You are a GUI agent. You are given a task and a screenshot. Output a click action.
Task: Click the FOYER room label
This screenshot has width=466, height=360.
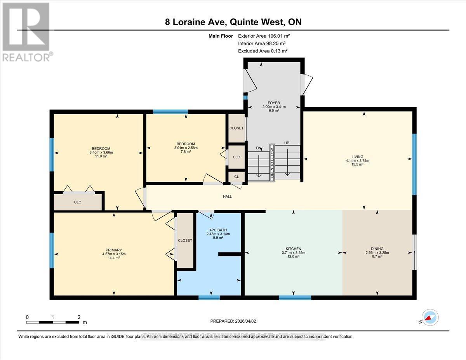click(x=271, y=103)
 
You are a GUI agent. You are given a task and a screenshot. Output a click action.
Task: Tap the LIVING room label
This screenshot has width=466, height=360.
click(x=357, y=157)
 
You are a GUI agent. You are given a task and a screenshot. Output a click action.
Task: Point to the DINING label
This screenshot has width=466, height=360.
click(x=377, y=249)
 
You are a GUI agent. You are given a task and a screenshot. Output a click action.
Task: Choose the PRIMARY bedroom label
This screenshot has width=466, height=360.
click(x=114, y=250)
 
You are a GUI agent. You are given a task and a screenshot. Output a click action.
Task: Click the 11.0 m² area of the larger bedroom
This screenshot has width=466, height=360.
click(x=101, y=157)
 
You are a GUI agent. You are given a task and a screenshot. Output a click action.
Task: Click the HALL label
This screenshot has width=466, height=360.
click(x=227, y=197)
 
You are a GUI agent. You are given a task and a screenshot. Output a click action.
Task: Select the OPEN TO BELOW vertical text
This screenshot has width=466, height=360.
click(x=272, y=163)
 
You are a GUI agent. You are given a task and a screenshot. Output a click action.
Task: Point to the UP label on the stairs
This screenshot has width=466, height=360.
click(x=287, y=143)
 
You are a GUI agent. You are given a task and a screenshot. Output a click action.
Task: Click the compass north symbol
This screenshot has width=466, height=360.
click(x=430, y=318)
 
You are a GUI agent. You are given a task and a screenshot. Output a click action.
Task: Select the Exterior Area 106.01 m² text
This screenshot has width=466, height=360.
click(x=264, y=36)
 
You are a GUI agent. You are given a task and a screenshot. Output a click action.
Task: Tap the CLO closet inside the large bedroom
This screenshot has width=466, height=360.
click(x=78, y=202)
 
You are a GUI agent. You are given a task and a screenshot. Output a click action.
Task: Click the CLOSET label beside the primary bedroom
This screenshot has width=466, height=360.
click(x=185, y=240)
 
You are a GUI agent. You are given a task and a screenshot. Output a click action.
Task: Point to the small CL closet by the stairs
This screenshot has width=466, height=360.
click(x=236, y=177)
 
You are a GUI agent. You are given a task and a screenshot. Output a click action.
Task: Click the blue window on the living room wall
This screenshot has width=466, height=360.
click(x=414, y=164)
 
